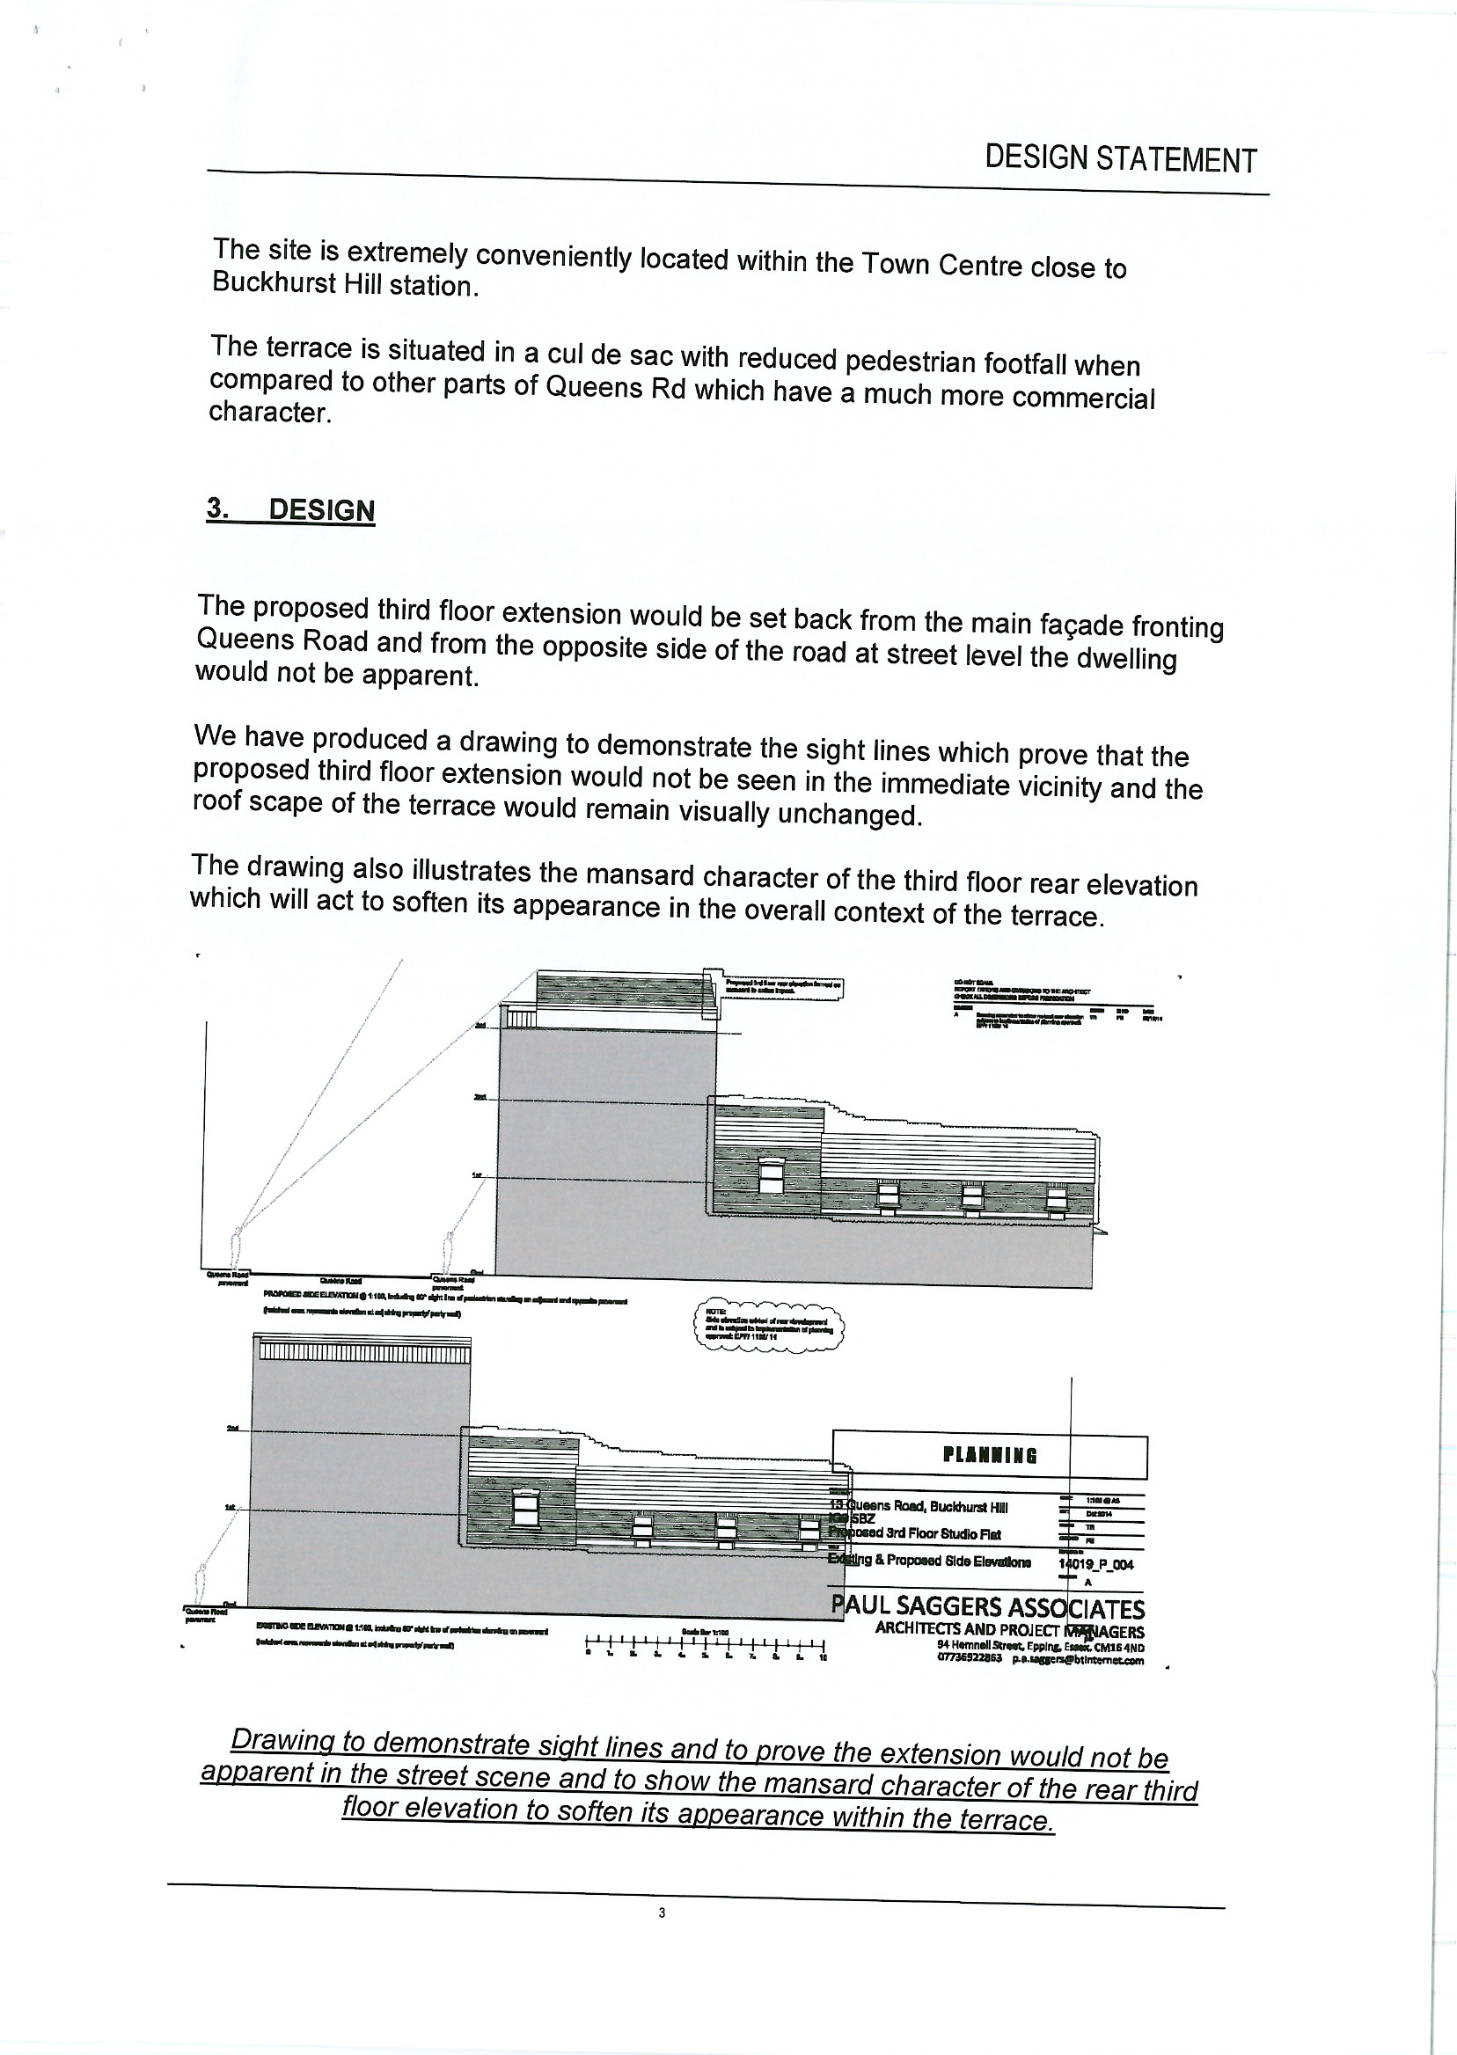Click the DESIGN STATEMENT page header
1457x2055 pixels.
click(1120, 158)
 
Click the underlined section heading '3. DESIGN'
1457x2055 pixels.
click(290, 509)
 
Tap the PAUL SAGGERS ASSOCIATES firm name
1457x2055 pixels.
click(988, 1605)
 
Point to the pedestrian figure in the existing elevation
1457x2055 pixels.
click(201, 1582)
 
